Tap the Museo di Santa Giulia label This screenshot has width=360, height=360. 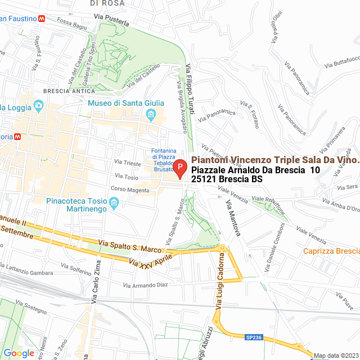coord(126,103)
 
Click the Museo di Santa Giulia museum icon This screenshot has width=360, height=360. coord(151,116)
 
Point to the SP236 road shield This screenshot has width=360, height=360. coord(253,337)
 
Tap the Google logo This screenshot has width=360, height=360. coord(19,353)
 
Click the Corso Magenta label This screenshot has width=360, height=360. coord(130,190)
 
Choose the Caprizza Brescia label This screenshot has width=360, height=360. coord(331,251)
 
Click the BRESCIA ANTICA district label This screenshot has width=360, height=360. coord(65,91)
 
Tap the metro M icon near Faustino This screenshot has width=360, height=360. coord(42,18)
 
